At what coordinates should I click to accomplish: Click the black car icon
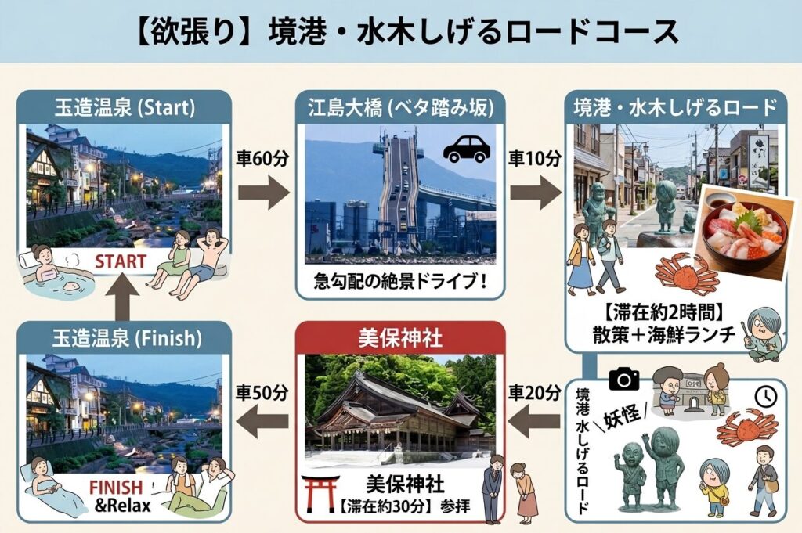click(x=466, y=149)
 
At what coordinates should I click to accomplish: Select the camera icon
click(x=623, y=379)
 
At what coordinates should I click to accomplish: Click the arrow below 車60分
click(x=263, y=193)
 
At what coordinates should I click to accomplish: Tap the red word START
click(x=122, y=261)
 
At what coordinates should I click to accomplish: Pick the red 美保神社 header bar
click(x=399, y=338)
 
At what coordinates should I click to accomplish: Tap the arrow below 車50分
click(x=263, y=423)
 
